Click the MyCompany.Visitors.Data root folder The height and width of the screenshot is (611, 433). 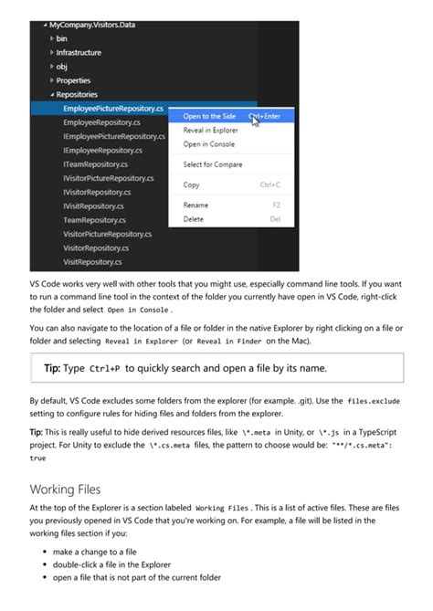coord(95,25)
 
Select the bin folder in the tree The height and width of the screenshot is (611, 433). coord(62,38)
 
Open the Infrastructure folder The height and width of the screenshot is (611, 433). coord(79,53)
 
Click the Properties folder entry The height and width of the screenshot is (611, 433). coord(73,80)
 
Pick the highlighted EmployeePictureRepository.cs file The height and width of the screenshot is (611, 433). coord(112,109)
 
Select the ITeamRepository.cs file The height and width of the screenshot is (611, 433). coord(95,164)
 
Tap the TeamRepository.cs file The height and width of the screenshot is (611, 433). coord(94,220)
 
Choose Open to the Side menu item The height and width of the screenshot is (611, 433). coord(209,116)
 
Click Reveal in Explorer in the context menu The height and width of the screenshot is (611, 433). coord(211,130)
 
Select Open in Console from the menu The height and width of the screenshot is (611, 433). coord(208,143)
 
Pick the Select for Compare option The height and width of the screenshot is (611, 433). coord(212,164)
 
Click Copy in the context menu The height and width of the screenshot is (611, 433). coord(191,184)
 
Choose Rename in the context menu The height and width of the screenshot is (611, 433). coord(195,205)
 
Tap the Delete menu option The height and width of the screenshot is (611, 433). coord(193,219)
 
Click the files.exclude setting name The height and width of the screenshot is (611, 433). coord(373,401)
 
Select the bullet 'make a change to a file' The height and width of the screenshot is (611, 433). coord(94,553)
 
